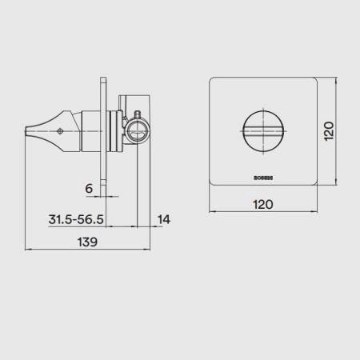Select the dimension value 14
(163, 218)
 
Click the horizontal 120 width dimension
(264, 204)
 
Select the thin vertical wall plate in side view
(106, 132)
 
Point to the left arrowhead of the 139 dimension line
(29, 250)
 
